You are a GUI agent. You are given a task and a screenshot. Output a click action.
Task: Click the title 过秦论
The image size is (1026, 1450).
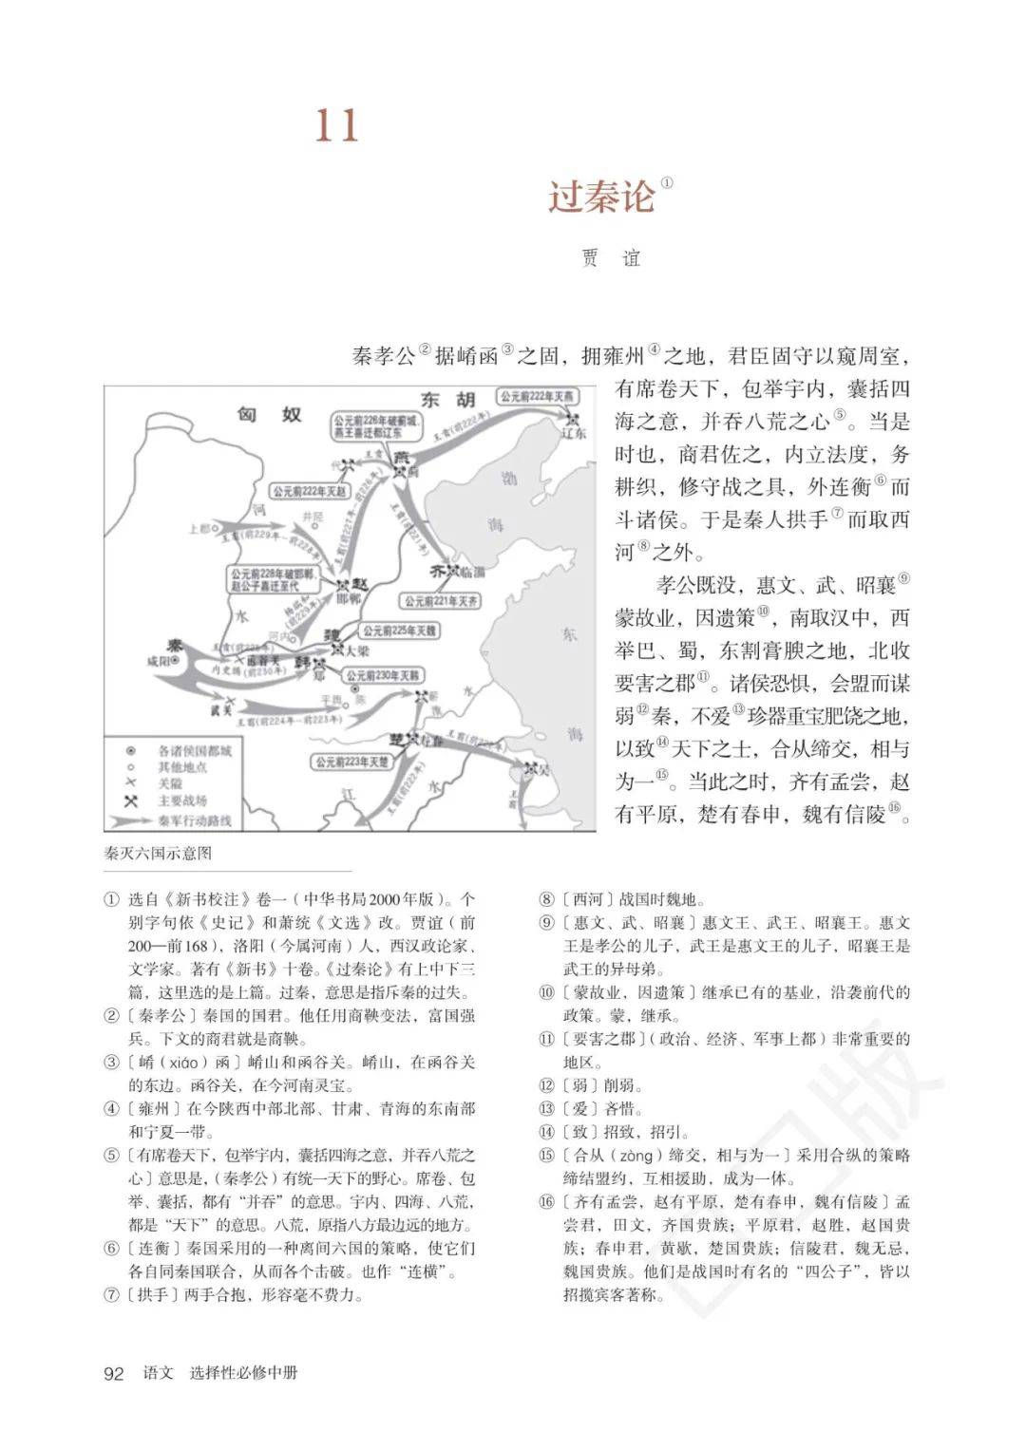pyautogui.click(x=601, y=196)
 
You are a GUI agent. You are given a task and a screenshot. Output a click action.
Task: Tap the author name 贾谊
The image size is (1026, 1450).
pyautogui.click(x=611, y=257)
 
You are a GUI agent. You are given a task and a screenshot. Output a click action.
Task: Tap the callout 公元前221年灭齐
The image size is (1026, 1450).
pyautogui.click(x=441, y=601)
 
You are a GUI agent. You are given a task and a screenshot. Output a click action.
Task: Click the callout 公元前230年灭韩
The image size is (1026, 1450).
pyautogui.click(x=385, y=676)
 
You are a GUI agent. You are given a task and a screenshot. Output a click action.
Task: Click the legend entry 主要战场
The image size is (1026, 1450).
pyautogui.click(x=182, y=801)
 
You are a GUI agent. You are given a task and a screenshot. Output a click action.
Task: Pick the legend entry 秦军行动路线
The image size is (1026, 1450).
pyautogui.click(x=195, y=820)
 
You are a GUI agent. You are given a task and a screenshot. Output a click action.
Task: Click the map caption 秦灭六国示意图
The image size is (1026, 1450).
pyautogui.click(x=159, y=853)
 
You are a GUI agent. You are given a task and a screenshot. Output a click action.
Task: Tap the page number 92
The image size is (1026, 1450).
pyautogui.click(x=114, y=1374)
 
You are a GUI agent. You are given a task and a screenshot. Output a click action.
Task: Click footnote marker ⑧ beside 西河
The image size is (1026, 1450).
pyautogui.click(x=643, y=546)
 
